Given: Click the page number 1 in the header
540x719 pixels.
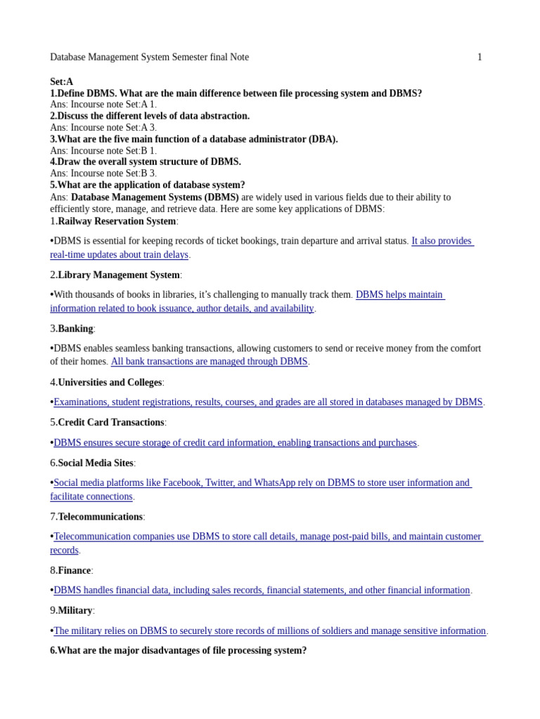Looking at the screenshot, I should point(480,58).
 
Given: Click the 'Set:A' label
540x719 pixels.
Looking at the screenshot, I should point(62,82).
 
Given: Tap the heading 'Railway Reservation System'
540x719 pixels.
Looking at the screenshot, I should point(117,221).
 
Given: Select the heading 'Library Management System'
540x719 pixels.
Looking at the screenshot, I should point(119,275).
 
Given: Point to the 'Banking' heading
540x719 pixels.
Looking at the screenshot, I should point(75,329).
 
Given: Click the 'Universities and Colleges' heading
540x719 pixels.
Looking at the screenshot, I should point(110,383).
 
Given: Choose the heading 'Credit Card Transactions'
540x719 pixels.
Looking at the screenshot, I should point(110,423).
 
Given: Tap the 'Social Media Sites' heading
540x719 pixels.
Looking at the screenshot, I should point(95,463).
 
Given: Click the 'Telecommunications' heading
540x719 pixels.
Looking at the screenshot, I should point(100,517).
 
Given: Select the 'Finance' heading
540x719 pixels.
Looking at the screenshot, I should point(74,571).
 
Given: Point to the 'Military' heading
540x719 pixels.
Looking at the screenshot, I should point(75,611).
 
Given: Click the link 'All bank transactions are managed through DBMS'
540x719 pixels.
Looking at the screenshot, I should point(209,362).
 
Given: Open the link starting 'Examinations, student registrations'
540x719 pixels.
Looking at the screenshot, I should point(268,402).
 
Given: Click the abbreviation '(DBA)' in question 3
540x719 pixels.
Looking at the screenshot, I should point(323,139).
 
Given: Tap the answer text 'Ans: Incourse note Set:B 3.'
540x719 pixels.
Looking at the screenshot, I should point(103,173).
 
